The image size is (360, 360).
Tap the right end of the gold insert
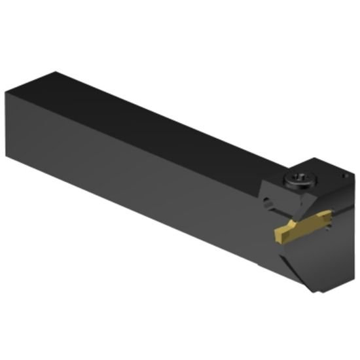coord(327,221)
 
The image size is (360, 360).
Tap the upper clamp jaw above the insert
coord(308,203)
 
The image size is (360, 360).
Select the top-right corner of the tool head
coord(354,171)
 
